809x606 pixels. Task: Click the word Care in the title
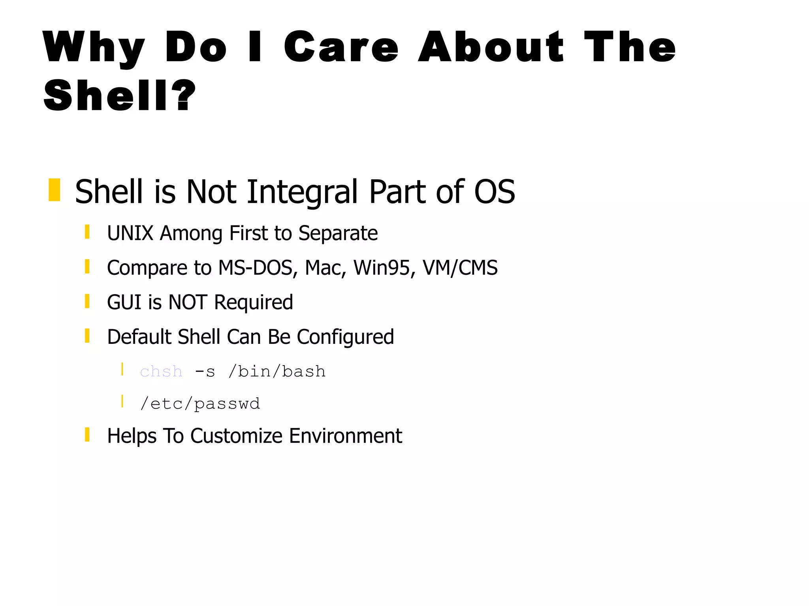coord(341,47)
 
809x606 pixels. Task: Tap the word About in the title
coord(491,47)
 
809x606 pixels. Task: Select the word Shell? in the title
coord(119,96)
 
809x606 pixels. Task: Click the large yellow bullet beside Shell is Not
coord(55,190)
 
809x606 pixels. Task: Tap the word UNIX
coord(130,233)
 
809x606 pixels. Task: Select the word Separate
coord(338,234)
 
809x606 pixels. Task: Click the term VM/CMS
coord(460,268)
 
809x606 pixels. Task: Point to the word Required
coord(253,303)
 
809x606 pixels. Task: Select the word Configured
coord(345,338)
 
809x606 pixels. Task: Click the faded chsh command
coord(161,372)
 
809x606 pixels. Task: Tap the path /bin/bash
coord(277,372)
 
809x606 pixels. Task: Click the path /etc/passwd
coord(200,404)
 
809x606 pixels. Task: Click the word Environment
coord(345,436)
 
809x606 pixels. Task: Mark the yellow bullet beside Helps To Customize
coord(87,435)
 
